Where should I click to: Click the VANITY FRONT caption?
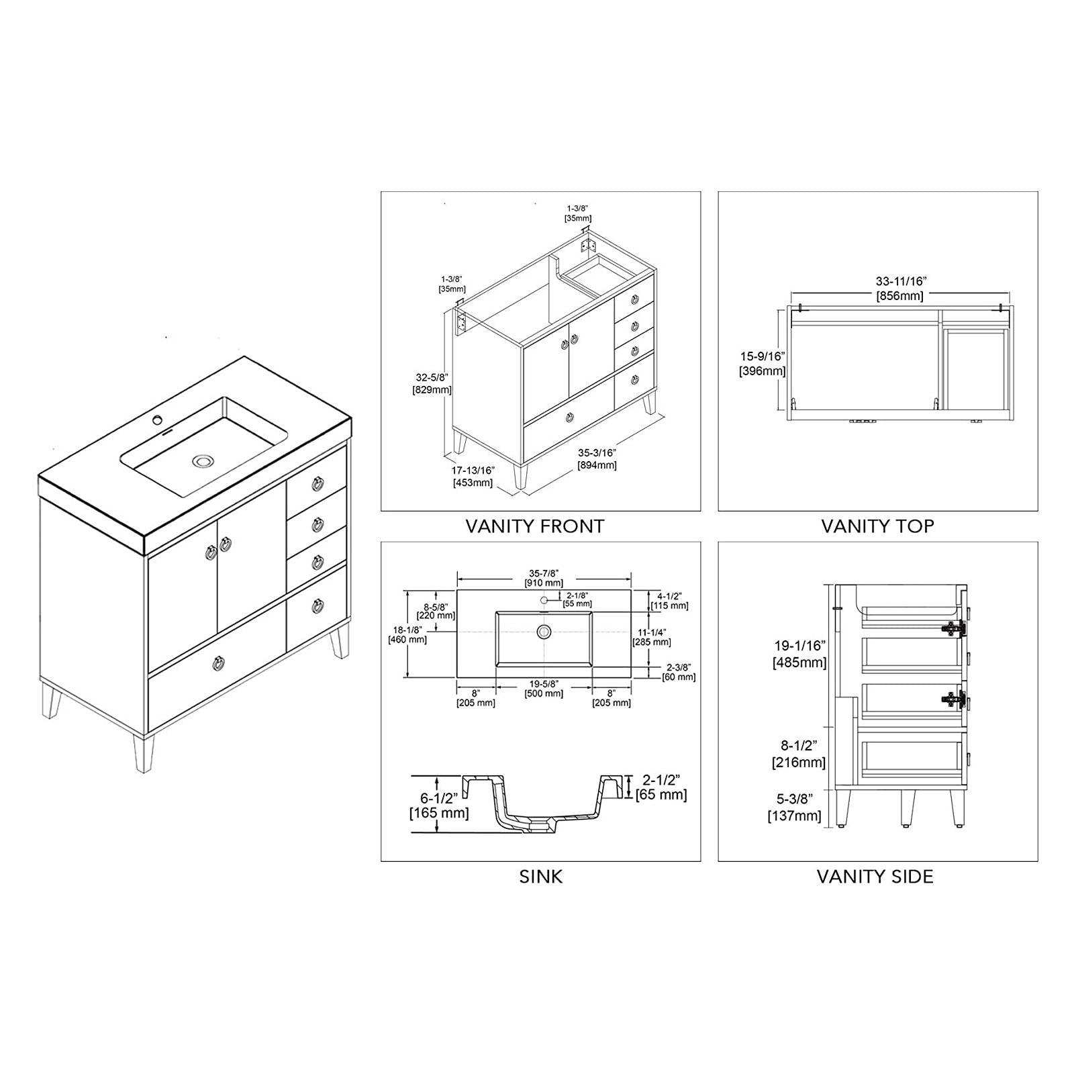coord(535,526)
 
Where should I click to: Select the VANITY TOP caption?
coord(877,526)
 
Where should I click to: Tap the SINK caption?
coord(540,877)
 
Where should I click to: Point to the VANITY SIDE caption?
coord(875,877)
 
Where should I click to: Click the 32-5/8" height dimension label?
coord(432,383)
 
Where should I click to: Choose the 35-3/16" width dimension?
coord(597,458)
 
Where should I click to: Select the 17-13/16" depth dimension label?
coord(473,476)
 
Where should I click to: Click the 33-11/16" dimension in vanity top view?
coord(899,289)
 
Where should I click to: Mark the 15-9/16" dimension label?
coord(762,362)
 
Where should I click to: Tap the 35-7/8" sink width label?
coord(544,577)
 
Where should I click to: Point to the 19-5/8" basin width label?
coord(544,688)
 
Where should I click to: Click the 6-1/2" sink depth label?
coord(439,805)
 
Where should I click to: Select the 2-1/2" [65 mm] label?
coord(661,787)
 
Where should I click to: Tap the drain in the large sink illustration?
coord(201,461)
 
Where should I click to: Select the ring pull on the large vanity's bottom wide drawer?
coord(219,664)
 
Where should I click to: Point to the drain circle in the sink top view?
coord(544,631)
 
